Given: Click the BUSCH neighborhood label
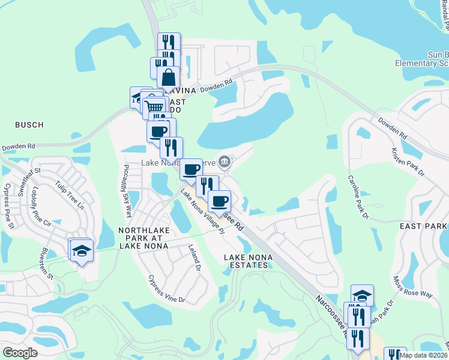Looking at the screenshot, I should click(x=29, y=125).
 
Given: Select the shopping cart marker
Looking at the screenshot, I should click(x=155, y=106).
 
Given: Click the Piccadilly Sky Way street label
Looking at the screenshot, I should click(x=128, y=190).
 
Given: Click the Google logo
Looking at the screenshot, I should click(x=20, y=353).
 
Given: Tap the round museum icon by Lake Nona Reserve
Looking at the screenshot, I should click(x=224, y=161).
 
